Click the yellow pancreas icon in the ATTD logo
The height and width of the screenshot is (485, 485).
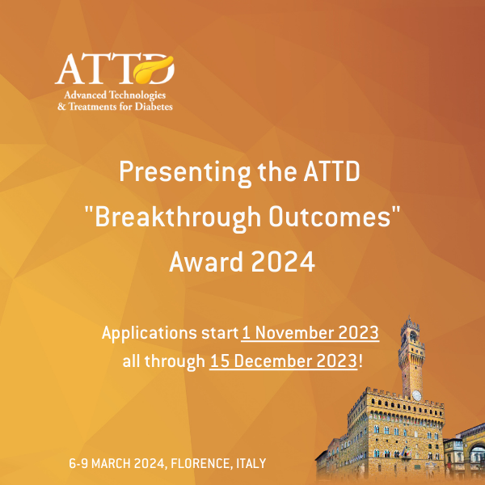coord(154,70)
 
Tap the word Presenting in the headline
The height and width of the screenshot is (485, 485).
coord(184,173)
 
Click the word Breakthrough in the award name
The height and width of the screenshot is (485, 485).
coord(178,218)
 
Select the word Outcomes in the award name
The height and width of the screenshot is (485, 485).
coord(330,217)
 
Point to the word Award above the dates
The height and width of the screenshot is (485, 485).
coord(206,262)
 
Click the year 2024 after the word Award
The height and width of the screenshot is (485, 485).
coord(283,262)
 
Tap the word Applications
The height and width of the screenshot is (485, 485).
coord(150,334)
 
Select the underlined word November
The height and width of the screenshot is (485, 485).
coord(295,333)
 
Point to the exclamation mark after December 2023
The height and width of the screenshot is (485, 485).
coord(360,361)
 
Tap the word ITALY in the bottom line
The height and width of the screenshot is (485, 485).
coord(251,464)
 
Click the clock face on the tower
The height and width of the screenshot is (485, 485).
coord(416,395)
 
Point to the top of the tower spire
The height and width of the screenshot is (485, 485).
coord(409,316)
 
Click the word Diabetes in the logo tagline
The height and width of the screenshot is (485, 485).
coord(154,107)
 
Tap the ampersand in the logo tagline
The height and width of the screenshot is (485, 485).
coord(62,107)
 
